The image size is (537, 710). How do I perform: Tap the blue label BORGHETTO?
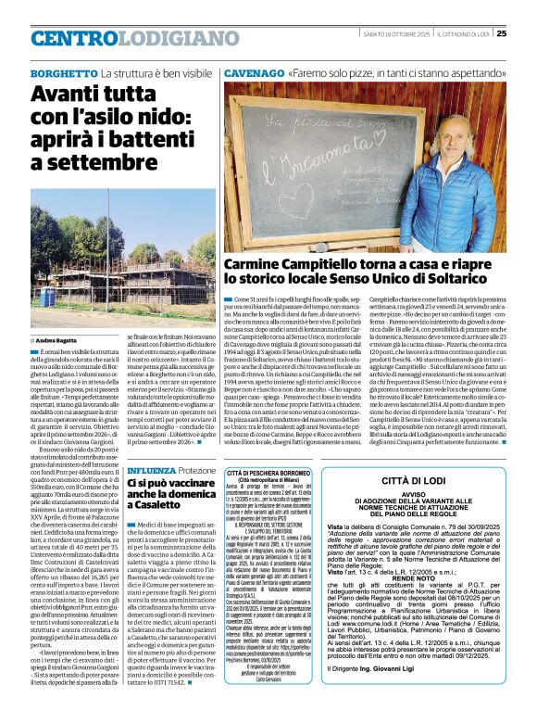64,72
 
